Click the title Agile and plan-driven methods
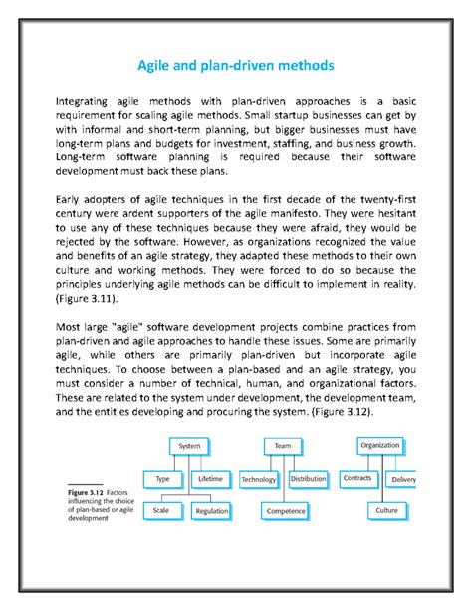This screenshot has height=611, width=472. click(x=236, y=67)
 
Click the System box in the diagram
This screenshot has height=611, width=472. click(x=188, y=446)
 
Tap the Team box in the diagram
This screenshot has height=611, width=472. click(x=283, y=446)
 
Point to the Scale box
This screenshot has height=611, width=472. click(x=160, y=510)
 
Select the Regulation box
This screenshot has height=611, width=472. click(x=212, y=510)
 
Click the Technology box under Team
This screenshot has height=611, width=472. click(x=259, y=479)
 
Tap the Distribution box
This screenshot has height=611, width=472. click(x=308, y=479)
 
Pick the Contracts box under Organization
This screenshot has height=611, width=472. click(x=356, y=478)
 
